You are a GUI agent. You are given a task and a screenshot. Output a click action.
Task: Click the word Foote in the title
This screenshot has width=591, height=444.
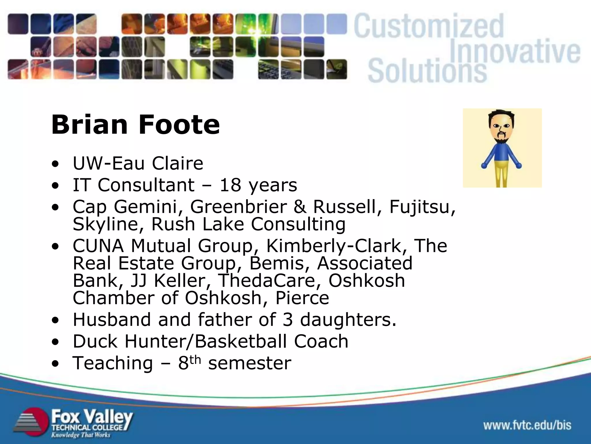tap(179, 125)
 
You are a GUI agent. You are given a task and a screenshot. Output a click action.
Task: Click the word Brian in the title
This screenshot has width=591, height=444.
tap(89, 125)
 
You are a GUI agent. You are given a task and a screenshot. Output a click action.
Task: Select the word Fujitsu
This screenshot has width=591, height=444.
tap(422, 207)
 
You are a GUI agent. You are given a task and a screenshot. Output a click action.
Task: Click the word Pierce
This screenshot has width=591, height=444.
tap(302, 298)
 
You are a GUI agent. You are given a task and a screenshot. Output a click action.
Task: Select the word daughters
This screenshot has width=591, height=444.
tap(348, 320)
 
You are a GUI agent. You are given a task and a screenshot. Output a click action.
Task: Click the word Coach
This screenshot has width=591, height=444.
tap(321, 341)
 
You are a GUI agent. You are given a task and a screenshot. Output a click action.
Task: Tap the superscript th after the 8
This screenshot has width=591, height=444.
tap(195, 360)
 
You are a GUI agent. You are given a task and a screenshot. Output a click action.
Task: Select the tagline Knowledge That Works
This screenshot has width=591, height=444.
tap(81, 435)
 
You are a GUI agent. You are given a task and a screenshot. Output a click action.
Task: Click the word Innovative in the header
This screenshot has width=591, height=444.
tap(515, 52)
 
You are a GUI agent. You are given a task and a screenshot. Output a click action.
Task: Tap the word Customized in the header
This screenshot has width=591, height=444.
tap(429, 27)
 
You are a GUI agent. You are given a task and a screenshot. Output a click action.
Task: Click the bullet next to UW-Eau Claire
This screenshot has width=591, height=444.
tap(55, 164)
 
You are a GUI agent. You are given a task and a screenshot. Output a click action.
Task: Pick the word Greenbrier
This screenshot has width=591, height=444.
tap(238, 207)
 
